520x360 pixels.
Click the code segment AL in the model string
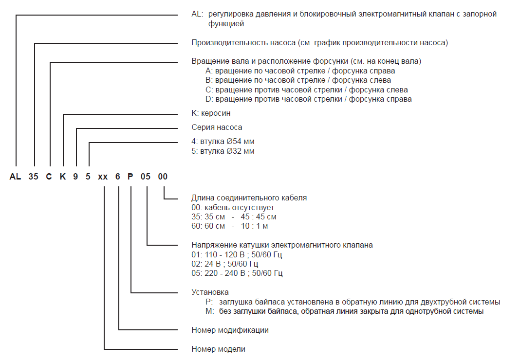(x=15, y=177)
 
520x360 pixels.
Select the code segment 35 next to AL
(x=33, y=177)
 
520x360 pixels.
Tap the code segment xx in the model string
(x=103, y=177)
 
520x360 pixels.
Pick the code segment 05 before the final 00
(x=146, y=177)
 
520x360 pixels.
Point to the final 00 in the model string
(x=163, y=177)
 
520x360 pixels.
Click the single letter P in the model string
(x=130, y=177)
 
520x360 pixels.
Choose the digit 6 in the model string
(x=117, y=177)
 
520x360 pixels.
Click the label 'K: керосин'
(x=211, y=113)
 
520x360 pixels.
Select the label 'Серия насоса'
(x=217, y=127)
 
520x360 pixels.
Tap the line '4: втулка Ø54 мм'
(x=223, y=142)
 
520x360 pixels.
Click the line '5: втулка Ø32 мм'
(x=223, y=151)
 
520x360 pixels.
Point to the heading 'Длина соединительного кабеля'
(x=249, y=198)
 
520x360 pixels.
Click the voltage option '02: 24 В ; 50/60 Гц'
(x=225, y=264)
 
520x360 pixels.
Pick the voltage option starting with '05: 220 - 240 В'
(x=237, y=273)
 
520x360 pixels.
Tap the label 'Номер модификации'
(x=230, y=330)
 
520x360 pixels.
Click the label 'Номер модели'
(x=219, y=349)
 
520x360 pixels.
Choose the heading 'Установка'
(x=210, y=292)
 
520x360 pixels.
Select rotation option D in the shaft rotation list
(x=309, y=99)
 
